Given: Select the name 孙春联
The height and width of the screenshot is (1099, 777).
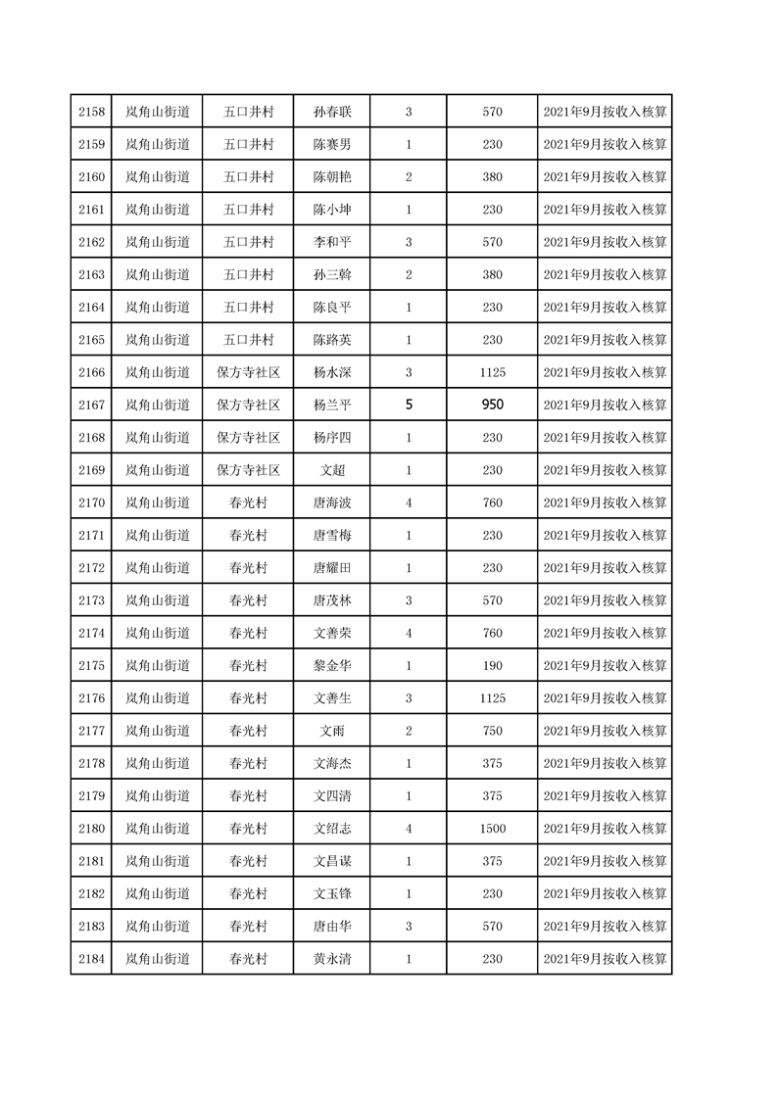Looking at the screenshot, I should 332,112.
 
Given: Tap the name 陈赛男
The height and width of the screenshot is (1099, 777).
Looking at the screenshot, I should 332,144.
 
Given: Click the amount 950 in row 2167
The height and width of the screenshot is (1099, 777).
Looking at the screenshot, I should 492,405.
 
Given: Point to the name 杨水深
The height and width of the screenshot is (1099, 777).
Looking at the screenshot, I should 332,372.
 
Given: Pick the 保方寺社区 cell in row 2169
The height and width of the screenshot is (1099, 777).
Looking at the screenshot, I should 248,470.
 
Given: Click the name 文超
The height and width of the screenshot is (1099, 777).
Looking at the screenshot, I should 332,470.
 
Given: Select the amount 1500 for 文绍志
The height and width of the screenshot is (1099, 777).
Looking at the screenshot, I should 492,829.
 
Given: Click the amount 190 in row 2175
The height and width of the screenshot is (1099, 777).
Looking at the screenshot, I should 492,666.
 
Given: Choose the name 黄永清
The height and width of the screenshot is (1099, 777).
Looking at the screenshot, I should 332,959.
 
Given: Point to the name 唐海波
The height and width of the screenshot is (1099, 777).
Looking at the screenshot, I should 332,502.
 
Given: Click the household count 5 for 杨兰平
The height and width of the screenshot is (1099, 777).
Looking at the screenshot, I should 409,405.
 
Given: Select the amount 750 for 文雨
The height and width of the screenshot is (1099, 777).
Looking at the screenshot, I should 492,731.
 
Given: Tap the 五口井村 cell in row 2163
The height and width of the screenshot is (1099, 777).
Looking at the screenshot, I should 248,274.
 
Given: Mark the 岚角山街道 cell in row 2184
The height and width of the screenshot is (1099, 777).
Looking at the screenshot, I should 157,959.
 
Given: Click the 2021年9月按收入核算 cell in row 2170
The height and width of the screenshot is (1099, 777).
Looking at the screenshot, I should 605,502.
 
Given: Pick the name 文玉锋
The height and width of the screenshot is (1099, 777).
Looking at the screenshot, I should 332,893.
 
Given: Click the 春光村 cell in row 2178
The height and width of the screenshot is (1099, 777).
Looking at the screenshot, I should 248,763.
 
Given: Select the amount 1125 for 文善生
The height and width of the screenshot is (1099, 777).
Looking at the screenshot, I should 492,698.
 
